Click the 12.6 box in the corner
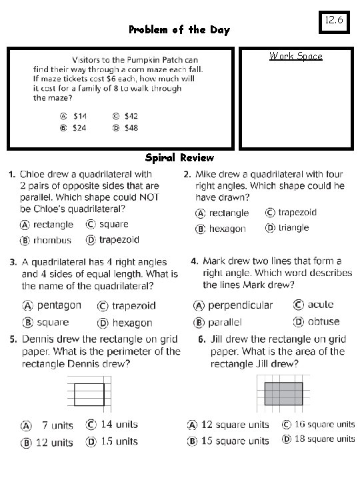[335, 21]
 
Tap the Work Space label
[296, 56]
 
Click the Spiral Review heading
[179, 158]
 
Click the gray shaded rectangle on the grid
[283, 393]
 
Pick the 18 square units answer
[318, 439]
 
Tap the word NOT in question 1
[147, 197]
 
